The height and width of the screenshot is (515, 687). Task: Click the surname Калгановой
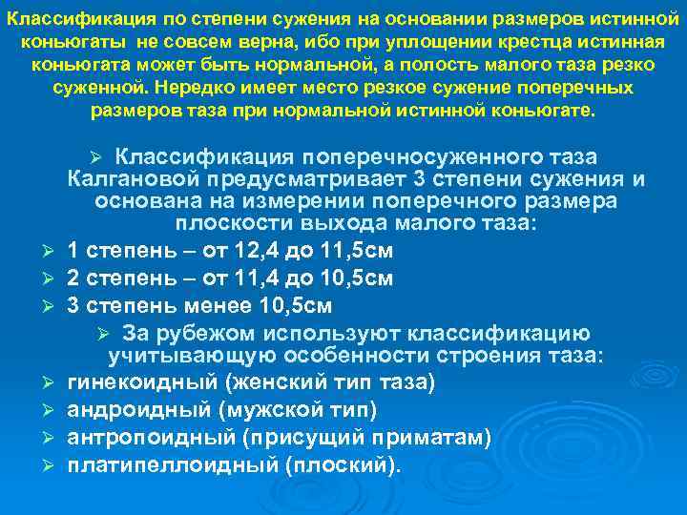coord(129,179)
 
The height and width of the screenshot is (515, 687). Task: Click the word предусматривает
coord(284,179)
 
